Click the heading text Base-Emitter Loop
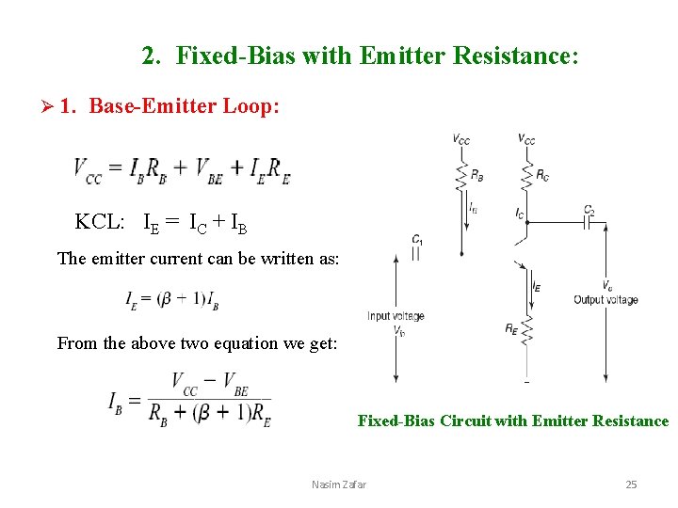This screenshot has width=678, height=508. point(184,107)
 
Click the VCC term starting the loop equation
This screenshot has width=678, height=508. point(88,172)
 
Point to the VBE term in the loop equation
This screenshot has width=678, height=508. point(208,172)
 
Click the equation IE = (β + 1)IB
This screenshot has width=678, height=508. point(172,299)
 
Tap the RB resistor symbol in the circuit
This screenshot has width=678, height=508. point(461,175)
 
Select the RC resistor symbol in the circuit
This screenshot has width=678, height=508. point(527,175)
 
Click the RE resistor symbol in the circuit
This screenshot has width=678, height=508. point(526,329)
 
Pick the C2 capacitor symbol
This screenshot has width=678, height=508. point(589,223)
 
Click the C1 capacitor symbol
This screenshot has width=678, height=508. point(416,253)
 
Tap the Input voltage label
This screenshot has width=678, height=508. point(395,316)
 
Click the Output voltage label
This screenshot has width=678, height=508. point(605,300)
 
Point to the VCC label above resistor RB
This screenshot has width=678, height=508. point(461,139)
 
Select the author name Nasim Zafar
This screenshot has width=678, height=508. point(339,484)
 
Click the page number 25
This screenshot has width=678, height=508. point(631,484)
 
